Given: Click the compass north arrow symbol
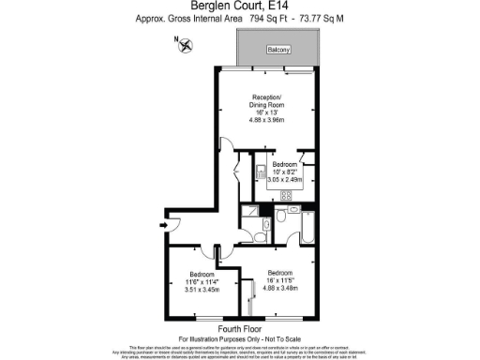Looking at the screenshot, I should click(x=186, y=43).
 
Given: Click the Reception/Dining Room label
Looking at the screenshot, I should click(x=266, y=102).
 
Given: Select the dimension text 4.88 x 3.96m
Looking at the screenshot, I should click(x=266, y=120).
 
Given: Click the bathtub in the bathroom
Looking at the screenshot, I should click(x=308, y=224).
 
